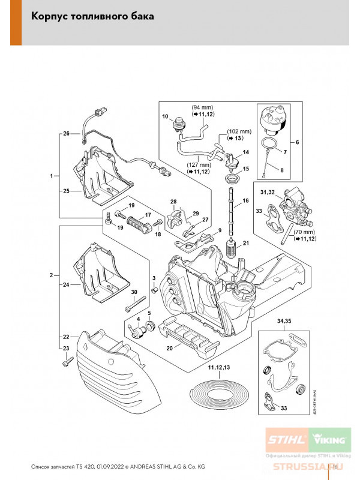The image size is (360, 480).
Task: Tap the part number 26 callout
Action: click(x=67, y=133)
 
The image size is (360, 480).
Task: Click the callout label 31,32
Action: click(x=268, y=192)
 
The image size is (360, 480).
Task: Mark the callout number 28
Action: click(x=173, y=201)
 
